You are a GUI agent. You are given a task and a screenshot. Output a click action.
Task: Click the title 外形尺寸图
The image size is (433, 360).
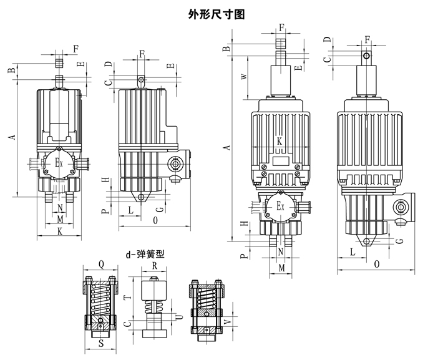pyautogui.click(x=216, y=14)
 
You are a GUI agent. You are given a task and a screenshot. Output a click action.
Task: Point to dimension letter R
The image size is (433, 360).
pyautogui.click(x=155, y=265)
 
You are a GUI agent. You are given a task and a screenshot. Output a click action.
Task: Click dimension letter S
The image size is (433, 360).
pyautogui.click(x=100, y=343)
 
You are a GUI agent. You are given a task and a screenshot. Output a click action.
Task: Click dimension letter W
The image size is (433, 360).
pyautogui.click(x=243, y=76)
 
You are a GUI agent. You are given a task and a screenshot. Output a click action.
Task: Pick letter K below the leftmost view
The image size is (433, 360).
pyautogui.click(x=60, y=231)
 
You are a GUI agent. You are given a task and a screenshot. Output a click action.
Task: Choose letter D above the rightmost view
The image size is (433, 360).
pyautogui.click(x=327, y=41)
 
